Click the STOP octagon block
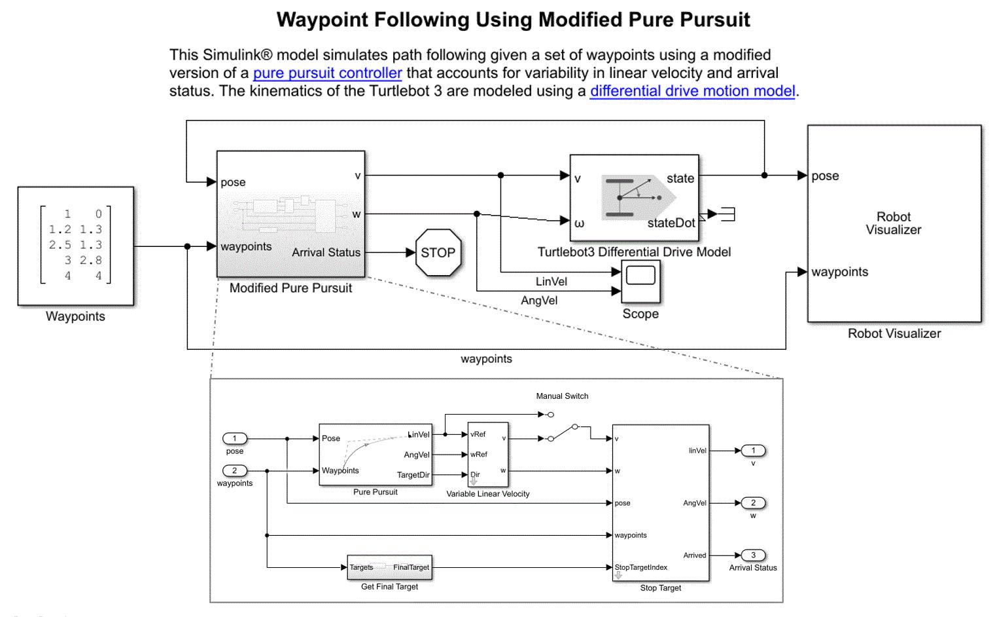click(x=438, y=253)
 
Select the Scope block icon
click(x=640, y=281)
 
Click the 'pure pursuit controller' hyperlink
click(x=327, y=73)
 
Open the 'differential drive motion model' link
click(x=692, y=91)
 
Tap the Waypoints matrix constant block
click(x=76, y=246)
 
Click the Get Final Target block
click(x=389, y=567)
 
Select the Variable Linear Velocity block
click(x=488, y=454)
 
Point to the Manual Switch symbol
click(x=563, y=433)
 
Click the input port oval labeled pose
click(x=234, y=438)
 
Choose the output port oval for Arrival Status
click(x=753, y=555)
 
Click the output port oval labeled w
click(x=753, y=503)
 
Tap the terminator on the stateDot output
click(x=726, y=214)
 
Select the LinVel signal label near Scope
click(x=551, y=282)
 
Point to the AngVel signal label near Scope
click(x=539, y=301)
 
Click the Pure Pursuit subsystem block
click(x=376, y=455)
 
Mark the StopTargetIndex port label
click(x=641, y=567)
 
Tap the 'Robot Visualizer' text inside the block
click(x=893, y=223)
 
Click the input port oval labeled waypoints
click(x=234, y=470)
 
